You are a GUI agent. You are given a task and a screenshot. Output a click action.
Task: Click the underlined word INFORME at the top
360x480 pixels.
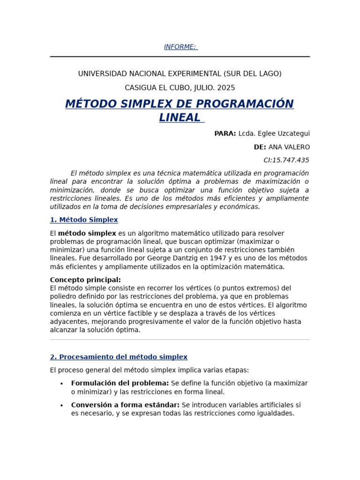pos(180,47)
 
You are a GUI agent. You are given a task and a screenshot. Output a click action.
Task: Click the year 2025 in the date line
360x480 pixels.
pos(226,88)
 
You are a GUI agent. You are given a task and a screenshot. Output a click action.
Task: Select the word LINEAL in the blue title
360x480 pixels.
pos(180,118)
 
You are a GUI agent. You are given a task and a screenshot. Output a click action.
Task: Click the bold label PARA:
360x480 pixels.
pos(225,134)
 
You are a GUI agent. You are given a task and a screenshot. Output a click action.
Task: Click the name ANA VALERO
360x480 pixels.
pos(289,147)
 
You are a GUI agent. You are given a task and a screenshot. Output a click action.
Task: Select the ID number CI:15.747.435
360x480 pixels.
pos(286,160)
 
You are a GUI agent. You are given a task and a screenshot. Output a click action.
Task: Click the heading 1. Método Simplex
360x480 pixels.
pos(84,220)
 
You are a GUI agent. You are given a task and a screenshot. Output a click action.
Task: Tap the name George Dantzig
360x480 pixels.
pos(172,258)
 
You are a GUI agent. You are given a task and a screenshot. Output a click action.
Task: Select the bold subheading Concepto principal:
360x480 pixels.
pos(85,280)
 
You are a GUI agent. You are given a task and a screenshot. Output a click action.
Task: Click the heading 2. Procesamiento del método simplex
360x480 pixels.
pos(119,357)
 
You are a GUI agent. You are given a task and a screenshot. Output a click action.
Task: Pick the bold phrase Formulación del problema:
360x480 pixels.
pos(120,383)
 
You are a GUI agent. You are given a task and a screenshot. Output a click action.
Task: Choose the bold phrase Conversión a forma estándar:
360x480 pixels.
pos(125,405)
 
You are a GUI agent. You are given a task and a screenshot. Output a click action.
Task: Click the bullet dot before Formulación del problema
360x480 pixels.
pos(61,384)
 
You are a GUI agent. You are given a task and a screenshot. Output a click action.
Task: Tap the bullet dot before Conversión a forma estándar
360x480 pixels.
pos(61,405)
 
